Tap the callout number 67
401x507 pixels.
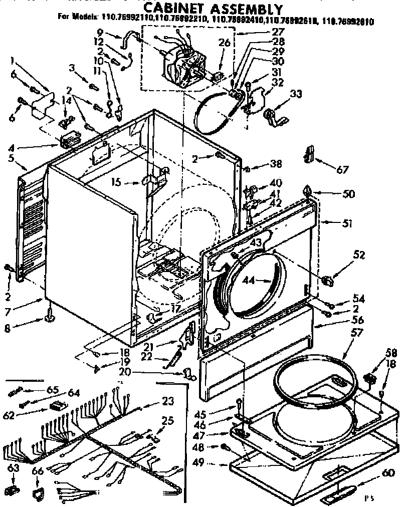pos(342,170)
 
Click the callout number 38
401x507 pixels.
pos(276,163)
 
